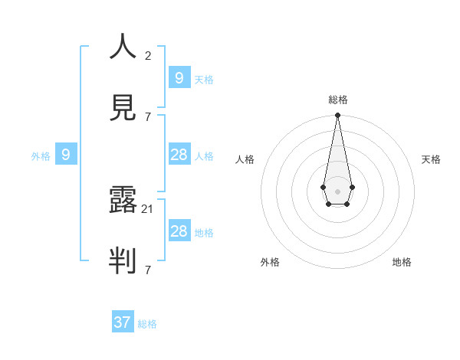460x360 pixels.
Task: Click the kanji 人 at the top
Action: pos(123,47)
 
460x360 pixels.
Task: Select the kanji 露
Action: pos(123,201)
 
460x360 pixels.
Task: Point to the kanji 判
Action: pos(123,260)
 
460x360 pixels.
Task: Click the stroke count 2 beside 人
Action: pos(148,56)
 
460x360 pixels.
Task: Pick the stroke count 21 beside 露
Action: pos(148,209)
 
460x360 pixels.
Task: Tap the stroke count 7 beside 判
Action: pos(148,270)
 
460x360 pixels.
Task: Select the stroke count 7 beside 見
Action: pos(148,116)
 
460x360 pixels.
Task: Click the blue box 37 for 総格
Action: pos(123,322)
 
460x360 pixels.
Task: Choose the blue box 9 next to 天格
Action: pos(179,77)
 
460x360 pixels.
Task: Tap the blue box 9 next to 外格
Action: pos(66,155)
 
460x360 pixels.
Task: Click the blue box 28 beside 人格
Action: pos(179,155)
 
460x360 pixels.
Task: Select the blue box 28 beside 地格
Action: pos(179,231)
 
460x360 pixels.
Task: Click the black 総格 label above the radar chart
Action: pos(338,100)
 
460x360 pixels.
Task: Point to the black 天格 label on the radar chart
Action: pos(431,159)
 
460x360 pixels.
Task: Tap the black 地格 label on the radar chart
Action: pos(402,262)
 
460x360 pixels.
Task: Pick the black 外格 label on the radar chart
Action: pos(270,262)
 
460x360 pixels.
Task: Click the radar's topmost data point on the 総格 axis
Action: pos(337,115)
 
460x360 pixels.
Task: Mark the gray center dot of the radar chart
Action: pos(337,191)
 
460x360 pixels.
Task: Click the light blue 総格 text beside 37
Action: pos(147,324)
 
